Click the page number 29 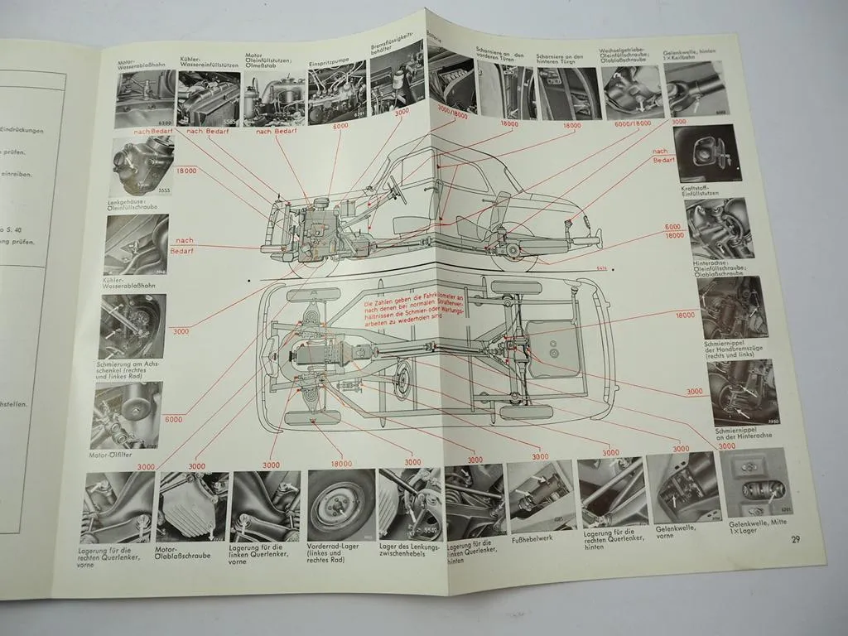pos(795,540)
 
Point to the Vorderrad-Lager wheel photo pos(340,503)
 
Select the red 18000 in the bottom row pos(340,463)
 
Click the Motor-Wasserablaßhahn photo pos(146,99)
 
